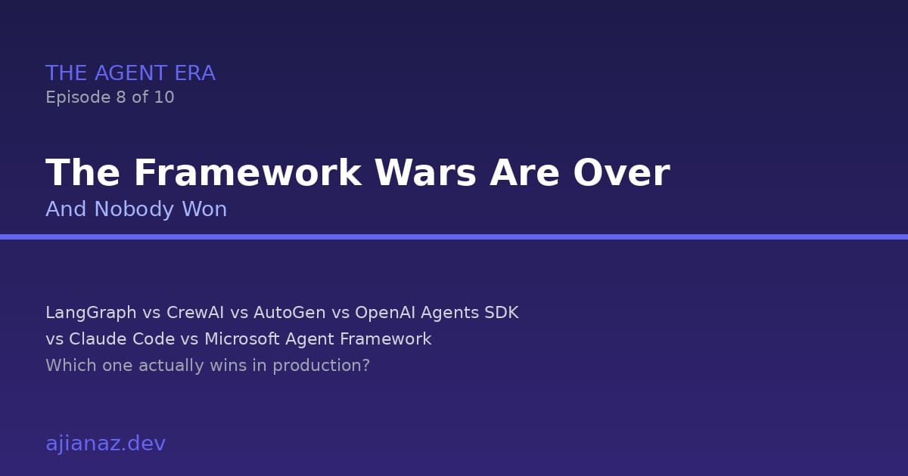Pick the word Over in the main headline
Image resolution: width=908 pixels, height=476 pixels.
pos(621,173)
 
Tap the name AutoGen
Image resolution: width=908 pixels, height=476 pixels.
pos(290,313)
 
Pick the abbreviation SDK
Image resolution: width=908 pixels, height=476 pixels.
pos(501,313)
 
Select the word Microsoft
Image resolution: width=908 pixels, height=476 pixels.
pos(242,339)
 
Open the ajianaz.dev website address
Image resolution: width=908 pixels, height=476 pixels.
pos(105,444)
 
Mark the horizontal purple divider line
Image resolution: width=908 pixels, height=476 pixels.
pos(454,236)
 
